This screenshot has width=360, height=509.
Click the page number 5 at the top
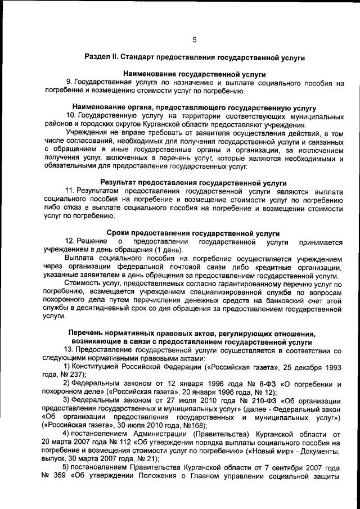pyautogui.click(x=195, y=39)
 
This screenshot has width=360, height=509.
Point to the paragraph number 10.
pyautogui.click(x=70, y=115)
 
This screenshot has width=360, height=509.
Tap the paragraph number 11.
pyautogui.click(x=70, y=191)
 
